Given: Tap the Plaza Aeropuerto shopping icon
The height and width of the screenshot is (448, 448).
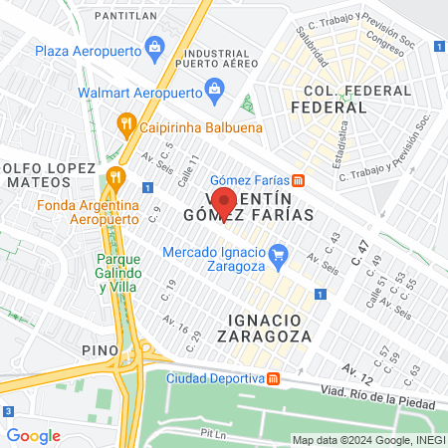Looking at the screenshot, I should pyautogui.click(x=154, y=46).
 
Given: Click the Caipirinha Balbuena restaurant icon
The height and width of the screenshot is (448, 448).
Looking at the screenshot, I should pyautogui.click(x=125, y=124).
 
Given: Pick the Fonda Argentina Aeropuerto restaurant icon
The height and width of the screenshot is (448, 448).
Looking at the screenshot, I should pyautogui.click(x=114, y=178).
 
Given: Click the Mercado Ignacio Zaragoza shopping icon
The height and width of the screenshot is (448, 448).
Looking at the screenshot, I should pyautogui.click(x=280, y=253).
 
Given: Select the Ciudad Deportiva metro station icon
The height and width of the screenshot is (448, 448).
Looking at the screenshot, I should pyautogui.click(x=273, y=378).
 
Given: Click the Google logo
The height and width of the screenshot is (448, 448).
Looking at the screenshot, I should pyautogui.click(x=34, y=435).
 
